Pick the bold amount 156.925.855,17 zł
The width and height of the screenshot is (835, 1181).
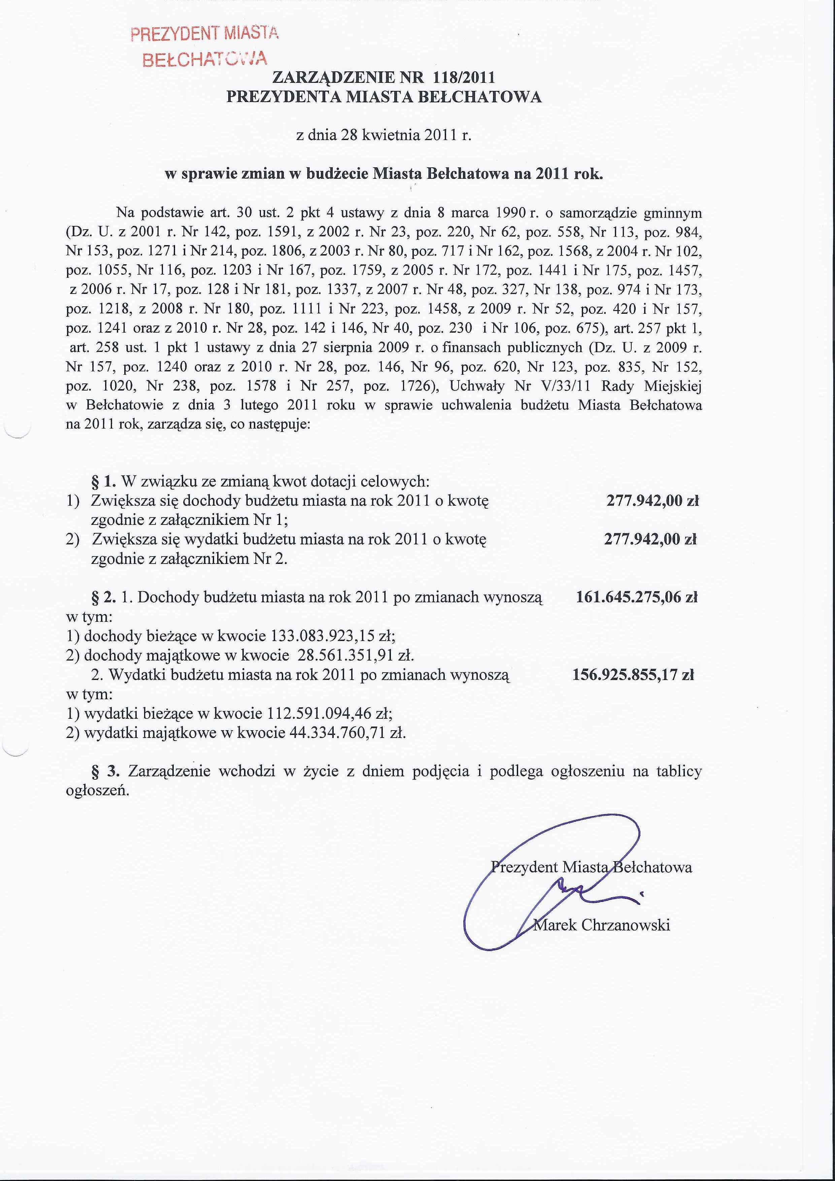[633, 674]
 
